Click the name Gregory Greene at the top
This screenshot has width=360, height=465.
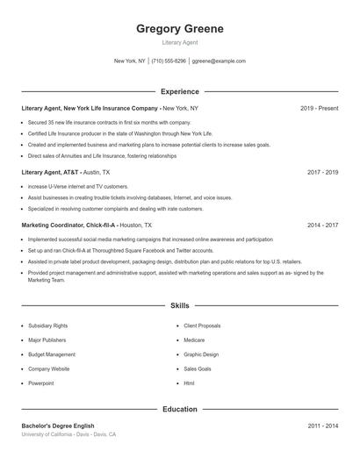tap(180, 29)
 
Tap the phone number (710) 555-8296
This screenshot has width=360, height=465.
tap(169, 61)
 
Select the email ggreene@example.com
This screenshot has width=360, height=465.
tap(219, 61)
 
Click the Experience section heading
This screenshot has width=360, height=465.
tap(180, 91)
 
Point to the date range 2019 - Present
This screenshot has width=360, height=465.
tap(319, 108)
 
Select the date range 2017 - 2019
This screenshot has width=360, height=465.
tap(322, 173)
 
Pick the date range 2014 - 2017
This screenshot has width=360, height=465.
tap(322, 225)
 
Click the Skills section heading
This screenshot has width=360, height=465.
tap(180, 306)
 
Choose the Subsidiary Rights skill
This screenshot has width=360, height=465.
tap(47, 325)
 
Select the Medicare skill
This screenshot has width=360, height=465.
tap(194, 340)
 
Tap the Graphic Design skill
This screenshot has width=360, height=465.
tap(201, 354)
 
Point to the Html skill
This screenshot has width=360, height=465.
tap(189, 383)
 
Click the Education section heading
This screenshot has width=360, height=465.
tap(180, 409)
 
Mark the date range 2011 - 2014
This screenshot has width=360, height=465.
tap(322, 426)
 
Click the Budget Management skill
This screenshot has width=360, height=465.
tap(52, 354)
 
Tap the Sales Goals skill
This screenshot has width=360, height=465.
tap(198, 369)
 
